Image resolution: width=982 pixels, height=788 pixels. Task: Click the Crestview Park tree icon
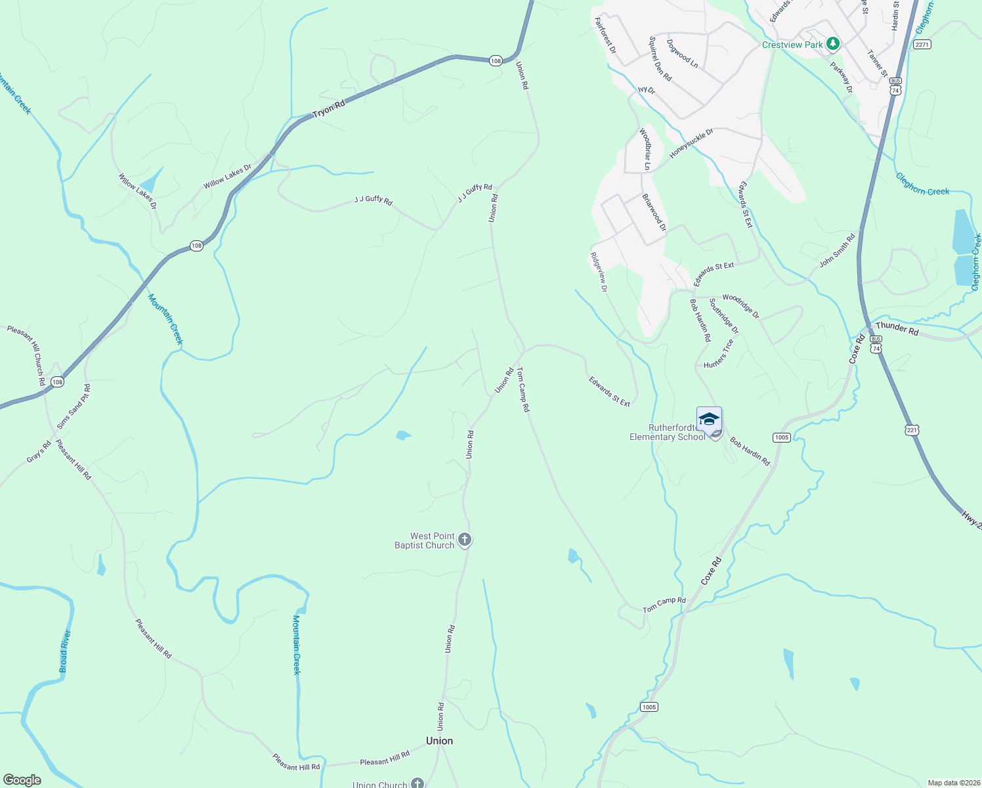[x=833, y=45]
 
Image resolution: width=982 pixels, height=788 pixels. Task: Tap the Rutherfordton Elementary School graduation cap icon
[x=709, y=419]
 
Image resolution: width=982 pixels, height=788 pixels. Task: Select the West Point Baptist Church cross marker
[x=465, y=540]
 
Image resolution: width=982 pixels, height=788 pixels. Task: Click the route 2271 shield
[x=922, y=45]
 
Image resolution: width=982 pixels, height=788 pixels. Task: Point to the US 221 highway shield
[x=912, y=430]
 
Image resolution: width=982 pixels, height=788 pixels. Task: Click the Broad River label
[x=64, y=651]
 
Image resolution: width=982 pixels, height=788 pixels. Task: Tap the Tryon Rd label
[x=329, y=110]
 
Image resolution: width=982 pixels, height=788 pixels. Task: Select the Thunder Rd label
[x=897, y=328]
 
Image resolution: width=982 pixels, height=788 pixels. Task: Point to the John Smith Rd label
[x=837, y=250]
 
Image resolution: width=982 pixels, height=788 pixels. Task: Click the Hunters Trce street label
[x=719, y=354]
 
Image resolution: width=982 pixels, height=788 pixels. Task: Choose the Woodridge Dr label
[x=740, y=307]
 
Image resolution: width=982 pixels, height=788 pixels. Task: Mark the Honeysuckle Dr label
[x=691, y=143]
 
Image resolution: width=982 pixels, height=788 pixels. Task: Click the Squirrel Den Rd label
[x=660, y=59]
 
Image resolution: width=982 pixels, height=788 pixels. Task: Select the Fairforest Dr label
[x=605, y=35]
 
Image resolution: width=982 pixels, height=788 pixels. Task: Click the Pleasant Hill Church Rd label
[x=26, y=355]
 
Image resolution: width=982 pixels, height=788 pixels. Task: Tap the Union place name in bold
[x=439, y=741]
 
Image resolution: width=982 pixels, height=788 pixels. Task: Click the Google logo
[x=22, y=780]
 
